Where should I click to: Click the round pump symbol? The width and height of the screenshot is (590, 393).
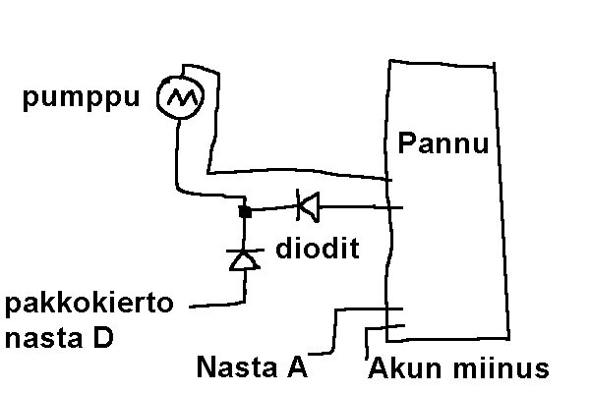click(x=179, y=96)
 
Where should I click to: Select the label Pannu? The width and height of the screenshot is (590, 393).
click(x=443, y=146)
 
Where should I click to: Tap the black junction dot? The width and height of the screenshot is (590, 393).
click(x=245, y=210)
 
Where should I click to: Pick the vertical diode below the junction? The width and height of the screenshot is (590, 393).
click(x=243, y=258)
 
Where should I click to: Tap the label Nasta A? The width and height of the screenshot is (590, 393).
click(x=253, y=368)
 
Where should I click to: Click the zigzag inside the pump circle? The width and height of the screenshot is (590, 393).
click(x=179, y=97)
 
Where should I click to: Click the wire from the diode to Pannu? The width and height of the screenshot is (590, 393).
click(x=354, y=207)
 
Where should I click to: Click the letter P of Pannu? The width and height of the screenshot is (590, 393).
click(x=406, y=146)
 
